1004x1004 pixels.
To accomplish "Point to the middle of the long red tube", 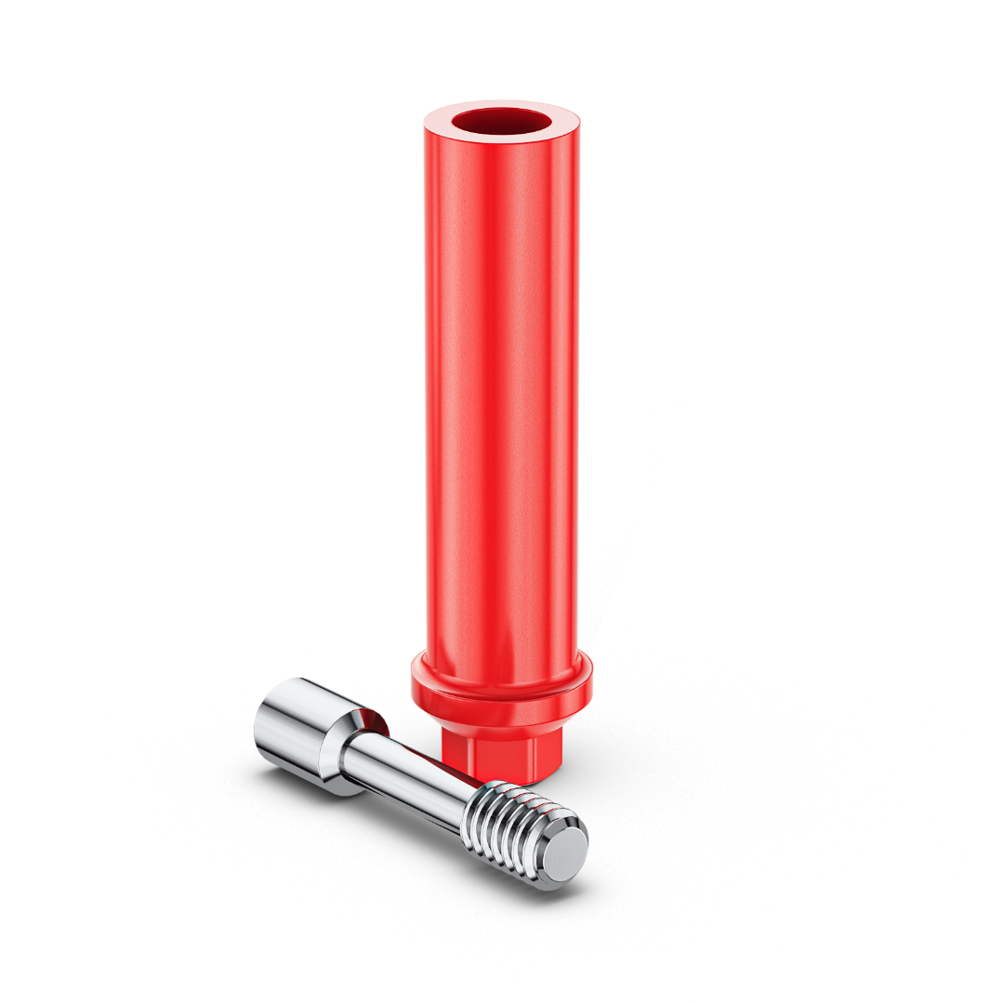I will click(x=501, y=390).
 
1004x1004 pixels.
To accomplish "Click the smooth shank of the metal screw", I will click(x=409, y=781).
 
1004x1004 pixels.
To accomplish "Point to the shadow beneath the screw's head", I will click(x=307, y=790).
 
